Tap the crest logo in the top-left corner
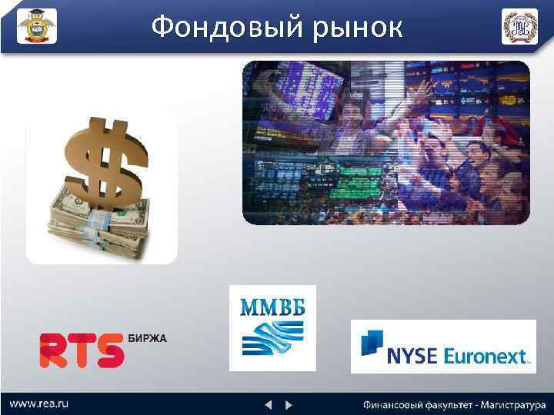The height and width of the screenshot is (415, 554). [x=37, y=26]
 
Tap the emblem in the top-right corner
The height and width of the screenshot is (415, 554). [x=519, y=26]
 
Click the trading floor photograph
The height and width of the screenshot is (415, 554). [x=386, y=142]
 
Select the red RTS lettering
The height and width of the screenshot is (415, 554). [x=82, y=350]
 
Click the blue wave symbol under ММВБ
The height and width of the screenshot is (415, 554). [x=272, y=339]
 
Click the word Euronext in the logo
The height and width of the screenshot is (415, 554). [x=491, y=356]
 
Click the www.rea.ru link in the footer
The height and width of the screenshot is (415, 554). [x=36, y=403]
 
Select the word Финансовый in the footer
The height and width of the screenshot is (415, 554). [x=392, y=403]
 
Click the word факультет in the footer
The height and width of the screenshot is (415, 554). [x=446, y=403]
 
